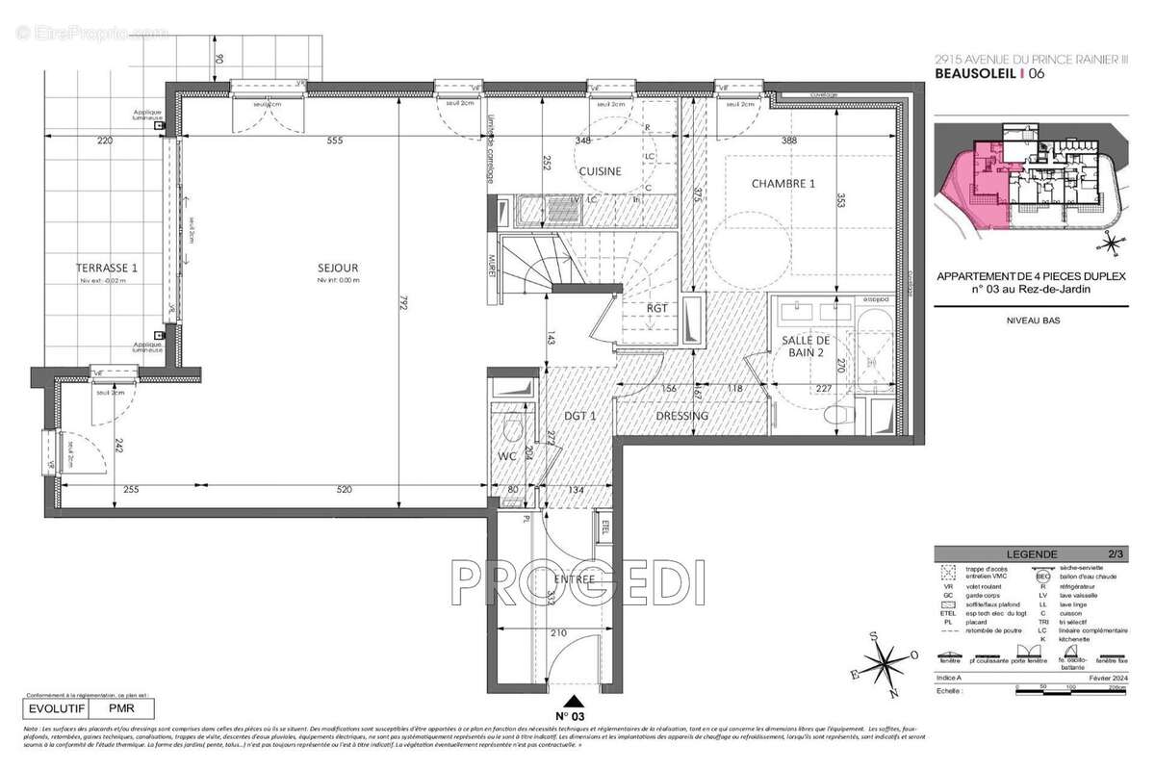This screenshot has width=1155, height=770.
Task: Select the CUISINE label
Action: (x=600, y=171)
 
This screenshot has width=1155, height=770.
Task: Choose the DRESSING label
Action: (x=681, y=416)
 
